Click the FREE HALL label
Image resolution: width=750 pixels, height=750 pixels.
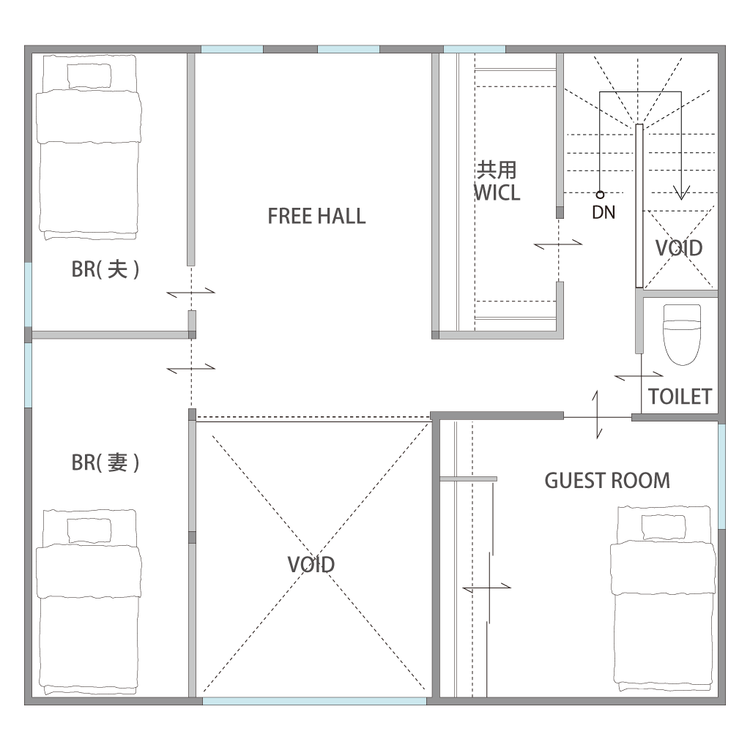316,216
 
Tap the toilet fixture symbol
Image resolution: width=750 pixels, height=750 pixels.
681,335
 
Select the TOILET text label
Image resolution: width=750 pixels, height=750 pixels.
680,397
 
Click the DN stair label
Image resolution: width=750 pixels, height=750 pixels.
604,212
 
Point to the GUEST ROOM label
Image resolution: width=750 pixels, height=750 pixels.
607,481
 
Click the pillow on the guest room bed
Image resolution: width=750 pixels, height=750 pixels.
664,527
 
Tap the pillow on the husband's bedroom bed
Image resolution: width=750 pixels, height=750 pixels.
89,75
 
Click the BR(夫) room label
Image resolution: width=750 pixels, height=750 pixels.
105,269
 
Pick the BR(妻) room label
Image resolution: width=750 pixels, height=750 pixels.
105,462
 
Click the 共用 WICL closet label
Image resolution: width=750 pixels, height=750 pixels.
497,181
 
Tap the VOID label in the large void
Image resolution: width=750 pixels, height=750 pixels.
311,565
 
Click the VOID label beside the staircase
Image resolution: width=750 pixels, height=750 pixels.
679,248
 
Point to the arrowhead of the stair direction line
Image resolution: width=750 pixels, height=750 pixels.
681,193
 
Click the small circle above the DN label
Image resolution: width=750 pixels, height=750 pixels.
600,195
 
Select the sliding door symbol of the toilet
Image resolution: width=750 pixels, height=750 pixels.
639,376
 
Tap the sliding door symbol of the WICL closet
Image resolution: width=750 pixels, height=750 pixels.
558,245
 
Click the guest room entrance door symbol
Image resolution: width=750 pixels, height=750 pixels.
597,415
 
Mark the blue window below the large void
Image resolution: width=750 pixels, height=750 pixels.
314,701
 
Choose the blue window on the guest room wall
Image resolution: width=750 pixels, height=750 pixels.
721,476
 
